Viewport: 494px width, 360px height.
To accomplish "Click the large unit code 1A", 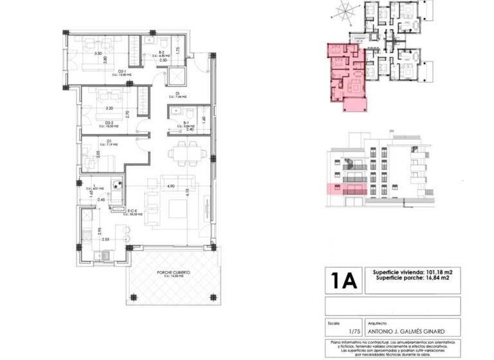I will point(343,281).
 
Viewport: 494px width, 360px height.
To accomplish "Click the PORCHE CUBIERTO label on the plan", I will point(172,272).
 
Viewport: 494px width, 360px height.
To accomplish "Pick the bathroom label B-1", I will point(185,122).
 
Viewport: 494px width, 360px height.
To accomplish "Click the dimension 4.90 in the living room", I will point(171,186).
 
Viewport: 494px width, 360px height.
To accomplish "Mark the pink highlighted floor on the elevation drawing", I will point(347,190).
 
